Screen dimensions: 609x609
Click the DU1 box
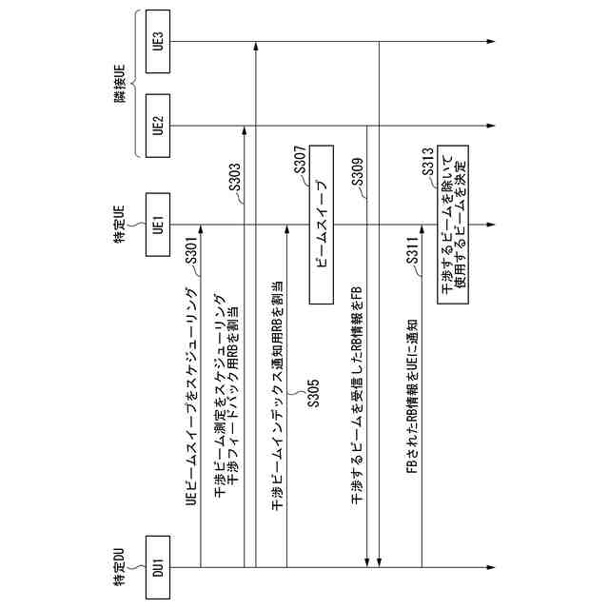[158, 568]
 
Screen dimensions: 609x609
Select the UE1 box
[158, 226]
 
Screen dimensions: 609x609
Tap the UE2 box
[158, 125]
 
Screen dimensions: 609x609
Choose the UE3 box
[158, 42]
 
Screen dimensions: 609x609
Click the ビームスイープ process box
[321, 225]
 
